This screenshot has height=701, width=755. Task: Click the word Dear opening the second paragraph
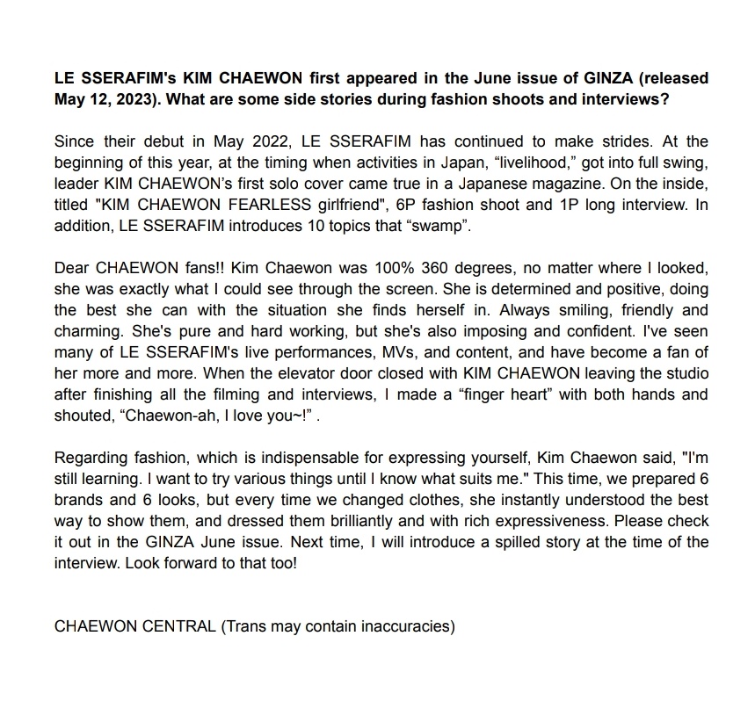click(x=72, y=268)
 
